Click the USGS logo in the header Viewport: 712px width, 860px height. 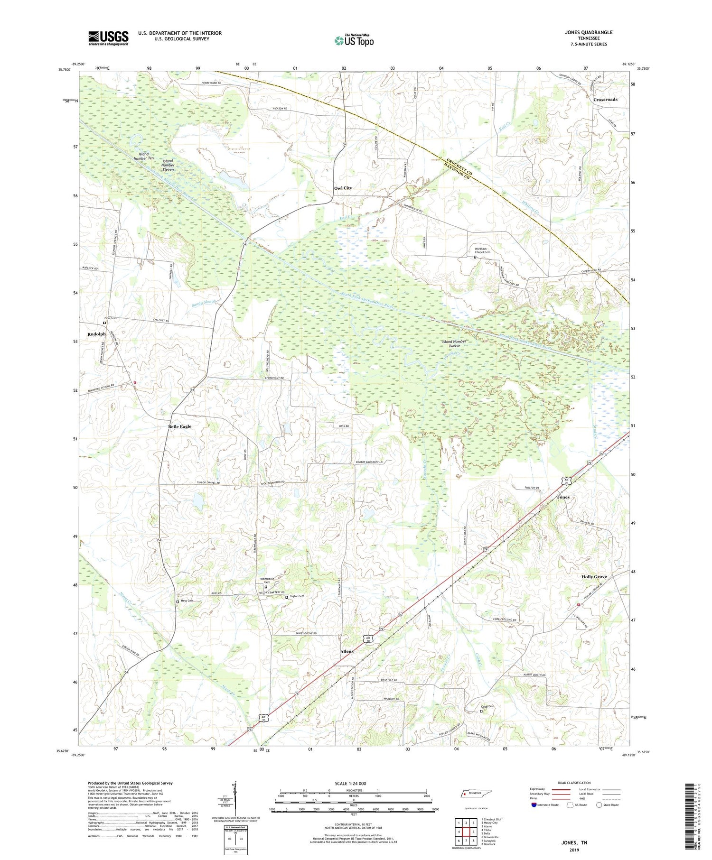[x=108, y=38]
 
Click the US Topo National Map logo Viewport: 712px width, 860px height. [x=354, y=40]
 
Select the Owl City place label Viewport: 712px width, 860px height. [x=343, y=188]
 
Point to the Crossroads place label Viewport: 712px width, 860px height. [x=605, y=100]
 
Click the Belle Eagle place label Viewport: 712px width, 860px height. [x=179, y=426]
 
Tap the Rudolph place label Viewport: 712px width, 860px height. [x=96, y=334]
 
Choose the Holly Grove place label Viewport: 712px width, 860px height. [x=594, y=577]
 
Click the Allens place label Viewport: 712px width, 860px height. [x=347, y=652]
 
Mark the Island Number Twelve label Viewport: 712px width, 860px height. [x=454, y=343]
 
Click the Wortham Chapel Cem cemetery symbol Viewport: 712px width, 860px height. [x=475, y=258]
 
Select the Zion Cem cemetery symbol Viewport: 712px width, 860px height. [x=104, y=323]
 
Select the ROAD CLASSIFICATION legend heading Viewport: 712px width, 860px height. [x=574, y=783]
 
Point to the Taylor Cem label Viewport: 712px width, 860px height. [x=297, y=596]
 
